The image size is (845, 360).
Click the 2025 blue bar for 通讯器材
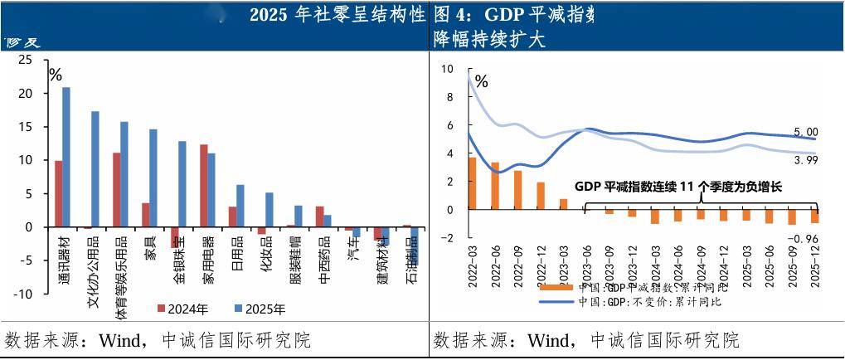point(66,157)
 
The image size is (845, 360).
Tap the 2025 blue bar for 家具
point(153,178)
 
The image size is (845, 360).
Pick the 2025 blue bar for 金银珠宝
point(182,183)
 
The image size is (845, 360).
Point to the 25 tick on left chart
point(25,60)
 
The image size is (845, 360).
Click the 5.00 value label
point(805,132)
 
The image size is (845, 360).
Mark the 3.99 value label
point(805,158)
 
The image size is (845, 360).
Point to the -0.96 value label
point(804,239)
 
